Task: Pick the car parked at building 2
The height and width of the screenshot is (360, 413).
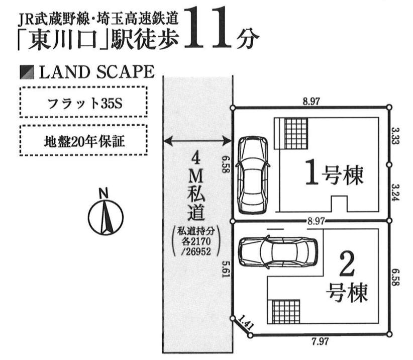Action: (278, 251)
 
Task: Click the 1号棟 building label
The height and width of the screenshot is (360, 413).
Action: (334, 174)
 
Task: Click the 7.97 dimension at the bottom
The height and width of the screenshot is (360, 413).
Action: (320, 342)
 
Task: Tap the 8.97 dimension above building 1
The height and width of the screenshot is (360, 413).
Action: (312, 101)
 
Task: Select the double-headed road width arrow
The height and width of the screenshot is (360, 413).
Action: (198, 141)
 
